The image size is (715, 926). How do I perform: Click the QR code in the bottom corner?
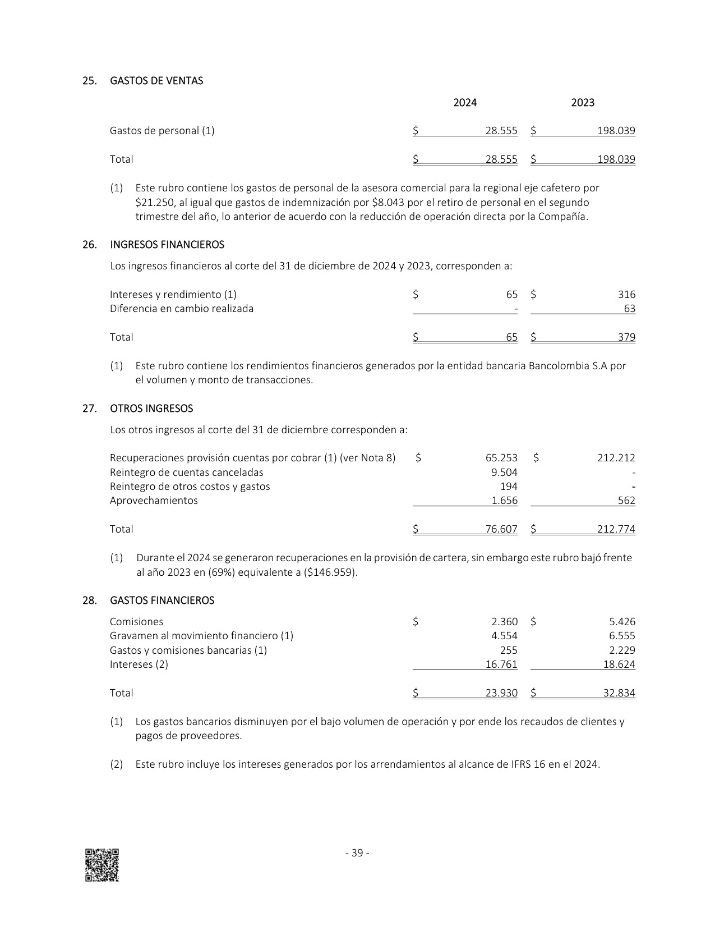coord(102,865)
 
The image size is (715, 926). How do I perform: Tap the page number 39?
coord(357,853)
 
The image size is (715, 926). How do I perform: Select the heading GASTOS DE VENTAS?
coord(156,81)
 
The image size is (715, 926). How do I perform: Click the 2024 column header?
coord(465,103)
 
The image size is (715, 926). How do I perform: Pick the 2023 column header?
coord(583,103)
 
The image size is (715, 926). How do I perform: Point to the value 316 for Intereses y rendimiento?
coord(626,295)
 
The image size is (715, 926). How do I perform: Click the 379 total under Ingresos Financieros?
coord(626,337)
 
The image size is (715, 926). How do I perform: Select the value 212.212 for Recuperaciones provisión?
coord(616,458)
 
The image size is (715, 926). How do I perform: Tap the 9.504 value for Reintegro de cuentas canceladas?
coord(504,473)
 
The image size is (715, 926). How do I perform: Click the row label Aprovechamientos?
coord(154,501)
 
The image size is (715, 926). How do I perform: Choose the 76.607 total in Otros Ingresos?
coord(501,529)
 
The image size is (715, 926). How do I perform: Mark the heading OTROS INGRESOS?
coord(151,409)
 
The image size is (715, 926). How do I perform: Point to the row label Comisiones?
coord(136,622)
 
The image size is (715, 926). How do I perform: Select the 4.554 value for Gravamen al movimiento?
coord(504,636)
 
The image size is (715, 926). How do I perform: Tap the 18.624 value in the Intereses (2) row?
coord(619,664)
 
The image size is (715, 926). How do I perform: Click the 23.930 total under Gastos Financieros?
coord(501,693)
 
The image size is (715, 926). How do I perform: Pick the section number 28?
coord(89,600)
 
